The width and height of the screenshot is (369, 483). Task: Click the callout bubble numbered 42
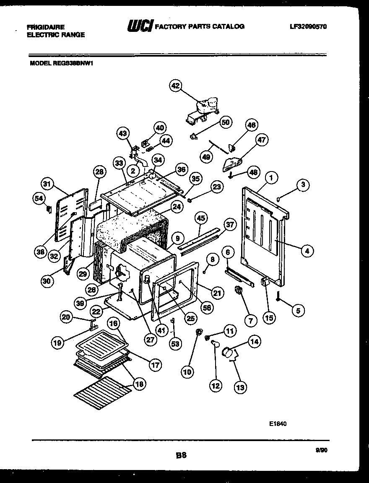175,86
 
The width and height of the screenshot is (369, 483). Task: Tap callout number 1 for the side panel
271,178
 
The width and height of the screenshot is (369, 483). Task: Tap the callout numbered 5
298,311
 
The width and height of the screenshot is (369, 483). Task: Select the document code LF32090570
308,26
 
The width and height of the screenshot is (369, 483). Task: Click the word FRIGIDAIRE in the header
46,27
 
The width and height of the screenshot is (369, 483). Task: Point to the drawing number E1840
278,423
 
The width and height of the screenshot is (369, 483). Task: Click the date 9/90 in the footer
321,449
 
